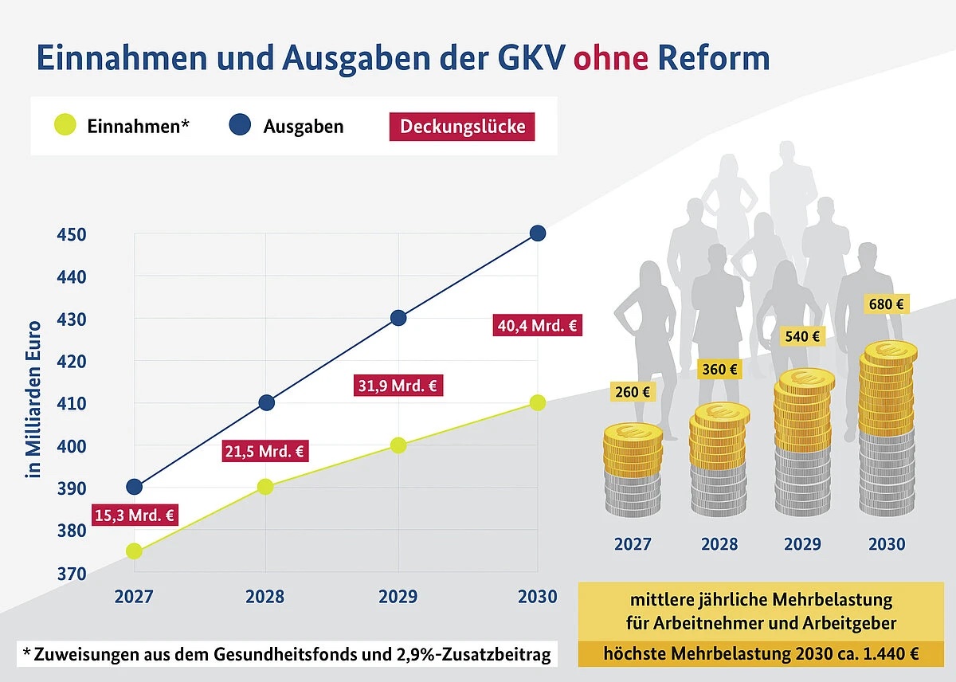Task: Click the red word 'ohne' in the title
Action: tap(611, 59)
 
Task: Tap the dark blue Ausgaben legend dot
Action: tap(239, 125)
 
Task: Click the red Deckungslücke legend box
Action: tap(462, 127)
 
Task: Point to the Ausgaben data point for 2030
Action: tap(538, 233)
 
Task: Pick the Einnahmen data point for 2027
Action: tap(134, 551)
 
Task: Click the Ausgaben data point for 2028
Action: tap(267, 402)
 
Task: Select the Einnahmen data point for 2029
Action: tap(398, 445)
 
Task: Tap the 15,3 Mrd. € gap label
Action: tap(135, 515)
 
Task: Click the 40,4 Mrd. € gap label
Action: tap(538, 325)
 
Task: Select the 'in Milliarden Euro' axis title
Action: tap(33, 398)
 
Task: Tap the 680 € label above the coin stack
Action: tap(887, 304)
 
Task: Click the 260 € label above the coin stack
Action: tap(633, 392)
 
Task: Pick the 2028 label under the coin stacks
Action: tap(719, 545)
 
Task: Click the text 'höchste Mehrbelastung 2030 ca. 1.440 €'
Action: tap(761, 655)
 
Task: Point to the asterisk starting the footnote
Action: tap(26, 653)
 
